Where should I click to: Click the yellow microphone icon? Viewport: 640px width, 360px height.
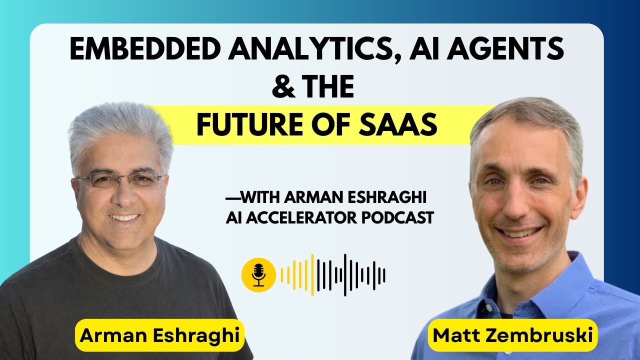[258, 275]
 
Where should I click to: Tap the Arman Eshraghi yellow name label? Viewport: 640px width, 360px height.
[159, 335]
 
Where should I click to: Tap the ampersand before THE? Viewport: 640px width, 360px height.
[282, 87]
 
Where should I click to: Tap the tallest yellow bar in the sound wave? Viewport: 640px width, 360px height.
[312, 275]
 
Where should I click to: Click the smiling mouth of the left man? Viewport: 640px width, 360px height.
[124, 217]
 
